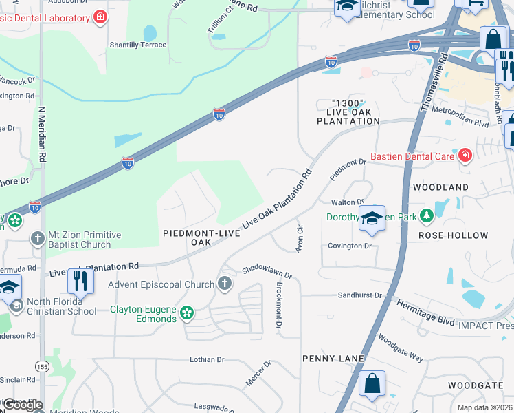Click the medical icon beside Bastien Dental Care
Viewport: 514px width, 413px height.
coord(465,156)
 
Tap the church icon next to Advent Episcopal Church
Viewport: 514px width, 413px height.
coord(223,284)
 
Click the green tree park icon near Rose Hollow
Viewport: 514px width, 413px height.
coord(427,217)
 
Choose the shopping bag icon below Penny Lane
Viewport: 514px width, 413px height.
coord(372,384)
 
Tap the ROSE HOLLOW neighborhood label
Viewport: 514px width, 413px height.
coord(453,235)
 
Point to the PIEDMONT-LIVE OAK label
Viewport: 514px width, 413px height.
coord(201,237)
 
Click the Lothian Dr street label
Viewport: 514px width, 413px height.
coord(207,359)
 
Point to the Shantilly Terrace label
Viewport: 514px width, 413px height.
coord(137,45)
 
